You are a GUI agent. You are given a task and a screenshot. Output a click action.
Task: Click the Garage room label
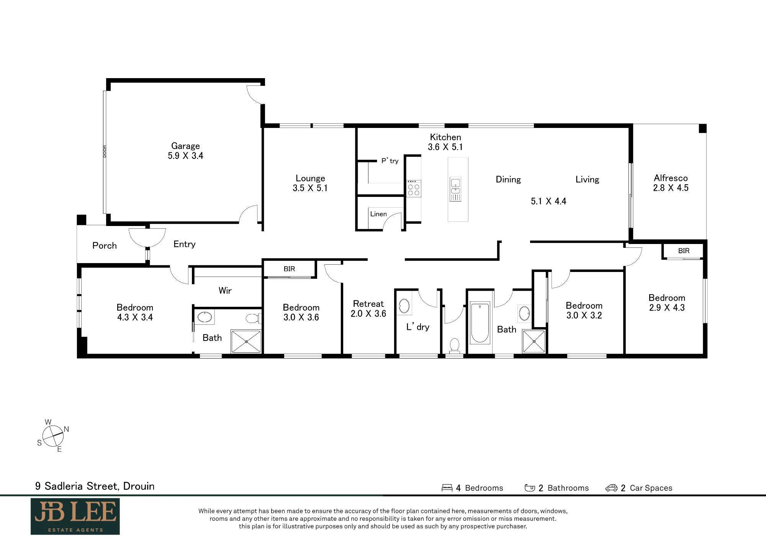(x=185, y=146)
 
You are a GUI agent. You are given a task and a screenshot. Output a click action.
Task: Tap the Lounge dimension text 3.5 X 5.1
(x=310, y=188)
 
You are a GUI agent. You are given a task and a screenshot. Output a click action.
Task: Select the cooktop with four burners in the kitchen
(x=414, y=188)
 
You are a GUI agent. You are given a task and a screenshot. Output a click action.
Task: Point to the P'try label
(x=390, y=161)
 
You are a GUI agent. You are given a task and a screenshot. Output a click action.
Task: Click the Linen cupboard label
(x=378, y=214)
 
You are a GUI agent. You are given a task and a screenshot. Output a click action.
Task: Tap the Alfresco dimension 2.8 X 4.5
(x=671, y=188)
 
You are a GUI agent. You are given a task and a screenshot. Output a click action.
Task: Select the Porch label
(x=105, y=246)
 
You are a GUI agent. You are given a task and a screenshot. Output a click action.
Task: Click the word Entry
(x=185, y=244)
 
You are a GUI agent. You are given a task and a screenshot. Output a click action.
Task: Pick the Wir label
(x=225, y=291)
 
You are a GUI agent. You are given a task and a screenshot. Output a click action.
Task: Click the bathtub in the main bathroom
(x=480, y=323)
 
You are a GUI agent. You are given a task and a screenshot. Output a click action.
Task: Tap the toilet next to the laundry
(x=454, y=345)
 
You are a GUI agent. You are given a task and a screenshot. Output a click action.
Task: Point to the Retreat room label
(x=368, y=304)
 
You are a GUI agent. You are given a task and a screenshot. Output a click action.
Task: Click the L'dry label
(x=418, y=327)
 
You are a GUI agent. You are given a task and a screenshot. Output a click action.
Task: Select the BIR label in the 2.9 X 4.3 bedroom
(x=684, y=251)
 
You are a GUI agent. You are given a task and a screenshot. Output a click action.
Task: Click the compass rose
(x=53, y=436)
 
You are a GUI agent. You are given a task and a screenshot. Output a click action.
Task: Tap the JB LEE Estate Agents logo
(x=75, y=516)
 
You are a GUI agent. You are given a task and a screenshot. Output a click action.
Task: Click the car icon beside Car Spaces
(x=611, y=488)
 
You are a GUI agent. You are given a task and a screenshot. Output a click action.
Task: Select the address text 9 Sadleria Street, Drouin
(x=95, y=486)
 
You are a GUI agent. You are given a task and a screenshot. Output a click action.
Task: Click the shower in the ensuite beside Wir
(x=246, y=341)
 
